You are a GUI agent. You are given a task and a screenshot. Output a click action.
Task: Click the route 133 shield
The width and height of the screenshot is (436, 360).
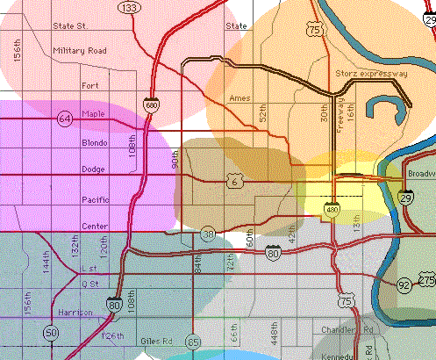130,8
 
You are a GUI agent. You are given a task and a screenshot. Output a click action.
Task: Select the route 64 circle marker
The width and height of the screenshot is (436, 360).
65,118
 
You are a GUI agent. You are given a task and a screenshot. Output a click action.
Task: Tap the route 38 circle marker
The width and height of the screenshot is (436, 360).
208,234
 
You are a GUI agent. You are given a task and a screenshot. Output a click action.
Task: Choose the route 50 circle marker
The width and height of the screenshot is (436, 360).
52,333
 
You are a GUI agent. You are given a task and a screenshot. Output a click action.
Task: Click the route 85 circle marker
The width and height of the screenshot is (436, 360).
194,342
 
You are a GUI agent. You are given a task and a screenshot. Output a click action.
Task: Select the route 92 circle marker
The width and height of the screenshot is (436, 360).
404,284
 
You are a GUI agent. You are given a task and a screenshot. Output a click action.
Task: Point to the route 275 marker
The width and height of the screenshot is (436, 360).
427,279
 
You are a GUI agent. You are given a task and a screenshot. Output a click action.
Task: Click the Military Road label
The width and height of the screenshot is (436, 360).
79,51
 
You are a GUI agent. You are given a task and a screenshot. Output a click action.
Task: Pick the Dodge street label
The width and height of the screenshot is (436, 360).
93,169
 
